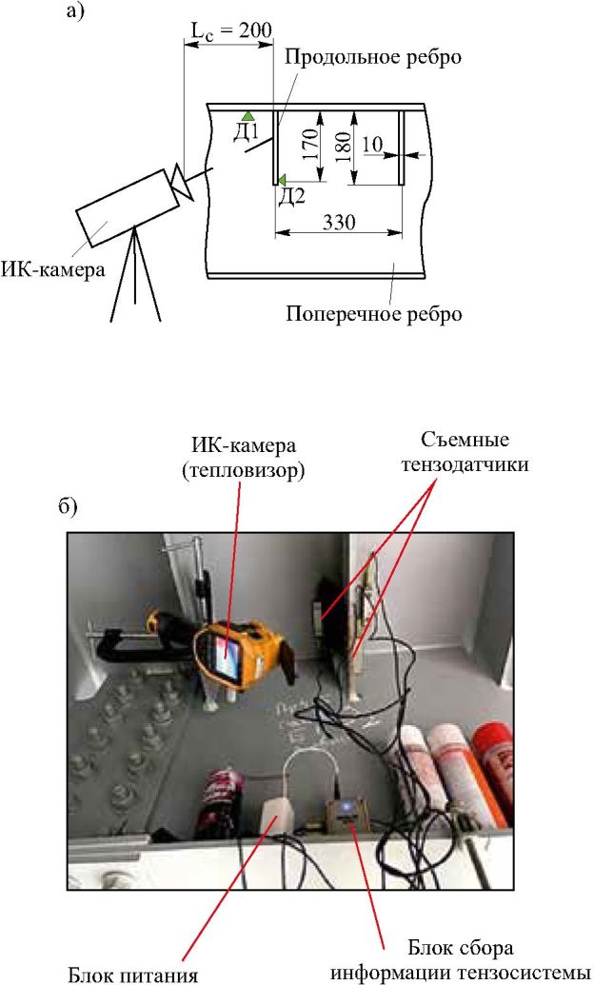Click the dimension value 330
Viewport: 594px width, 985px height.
(x=339, y=222)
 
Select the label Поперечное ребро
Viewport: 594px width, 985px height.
(x=374, y=314)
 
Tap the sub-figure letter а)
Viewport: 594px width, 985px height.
(x=74, y=12)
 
